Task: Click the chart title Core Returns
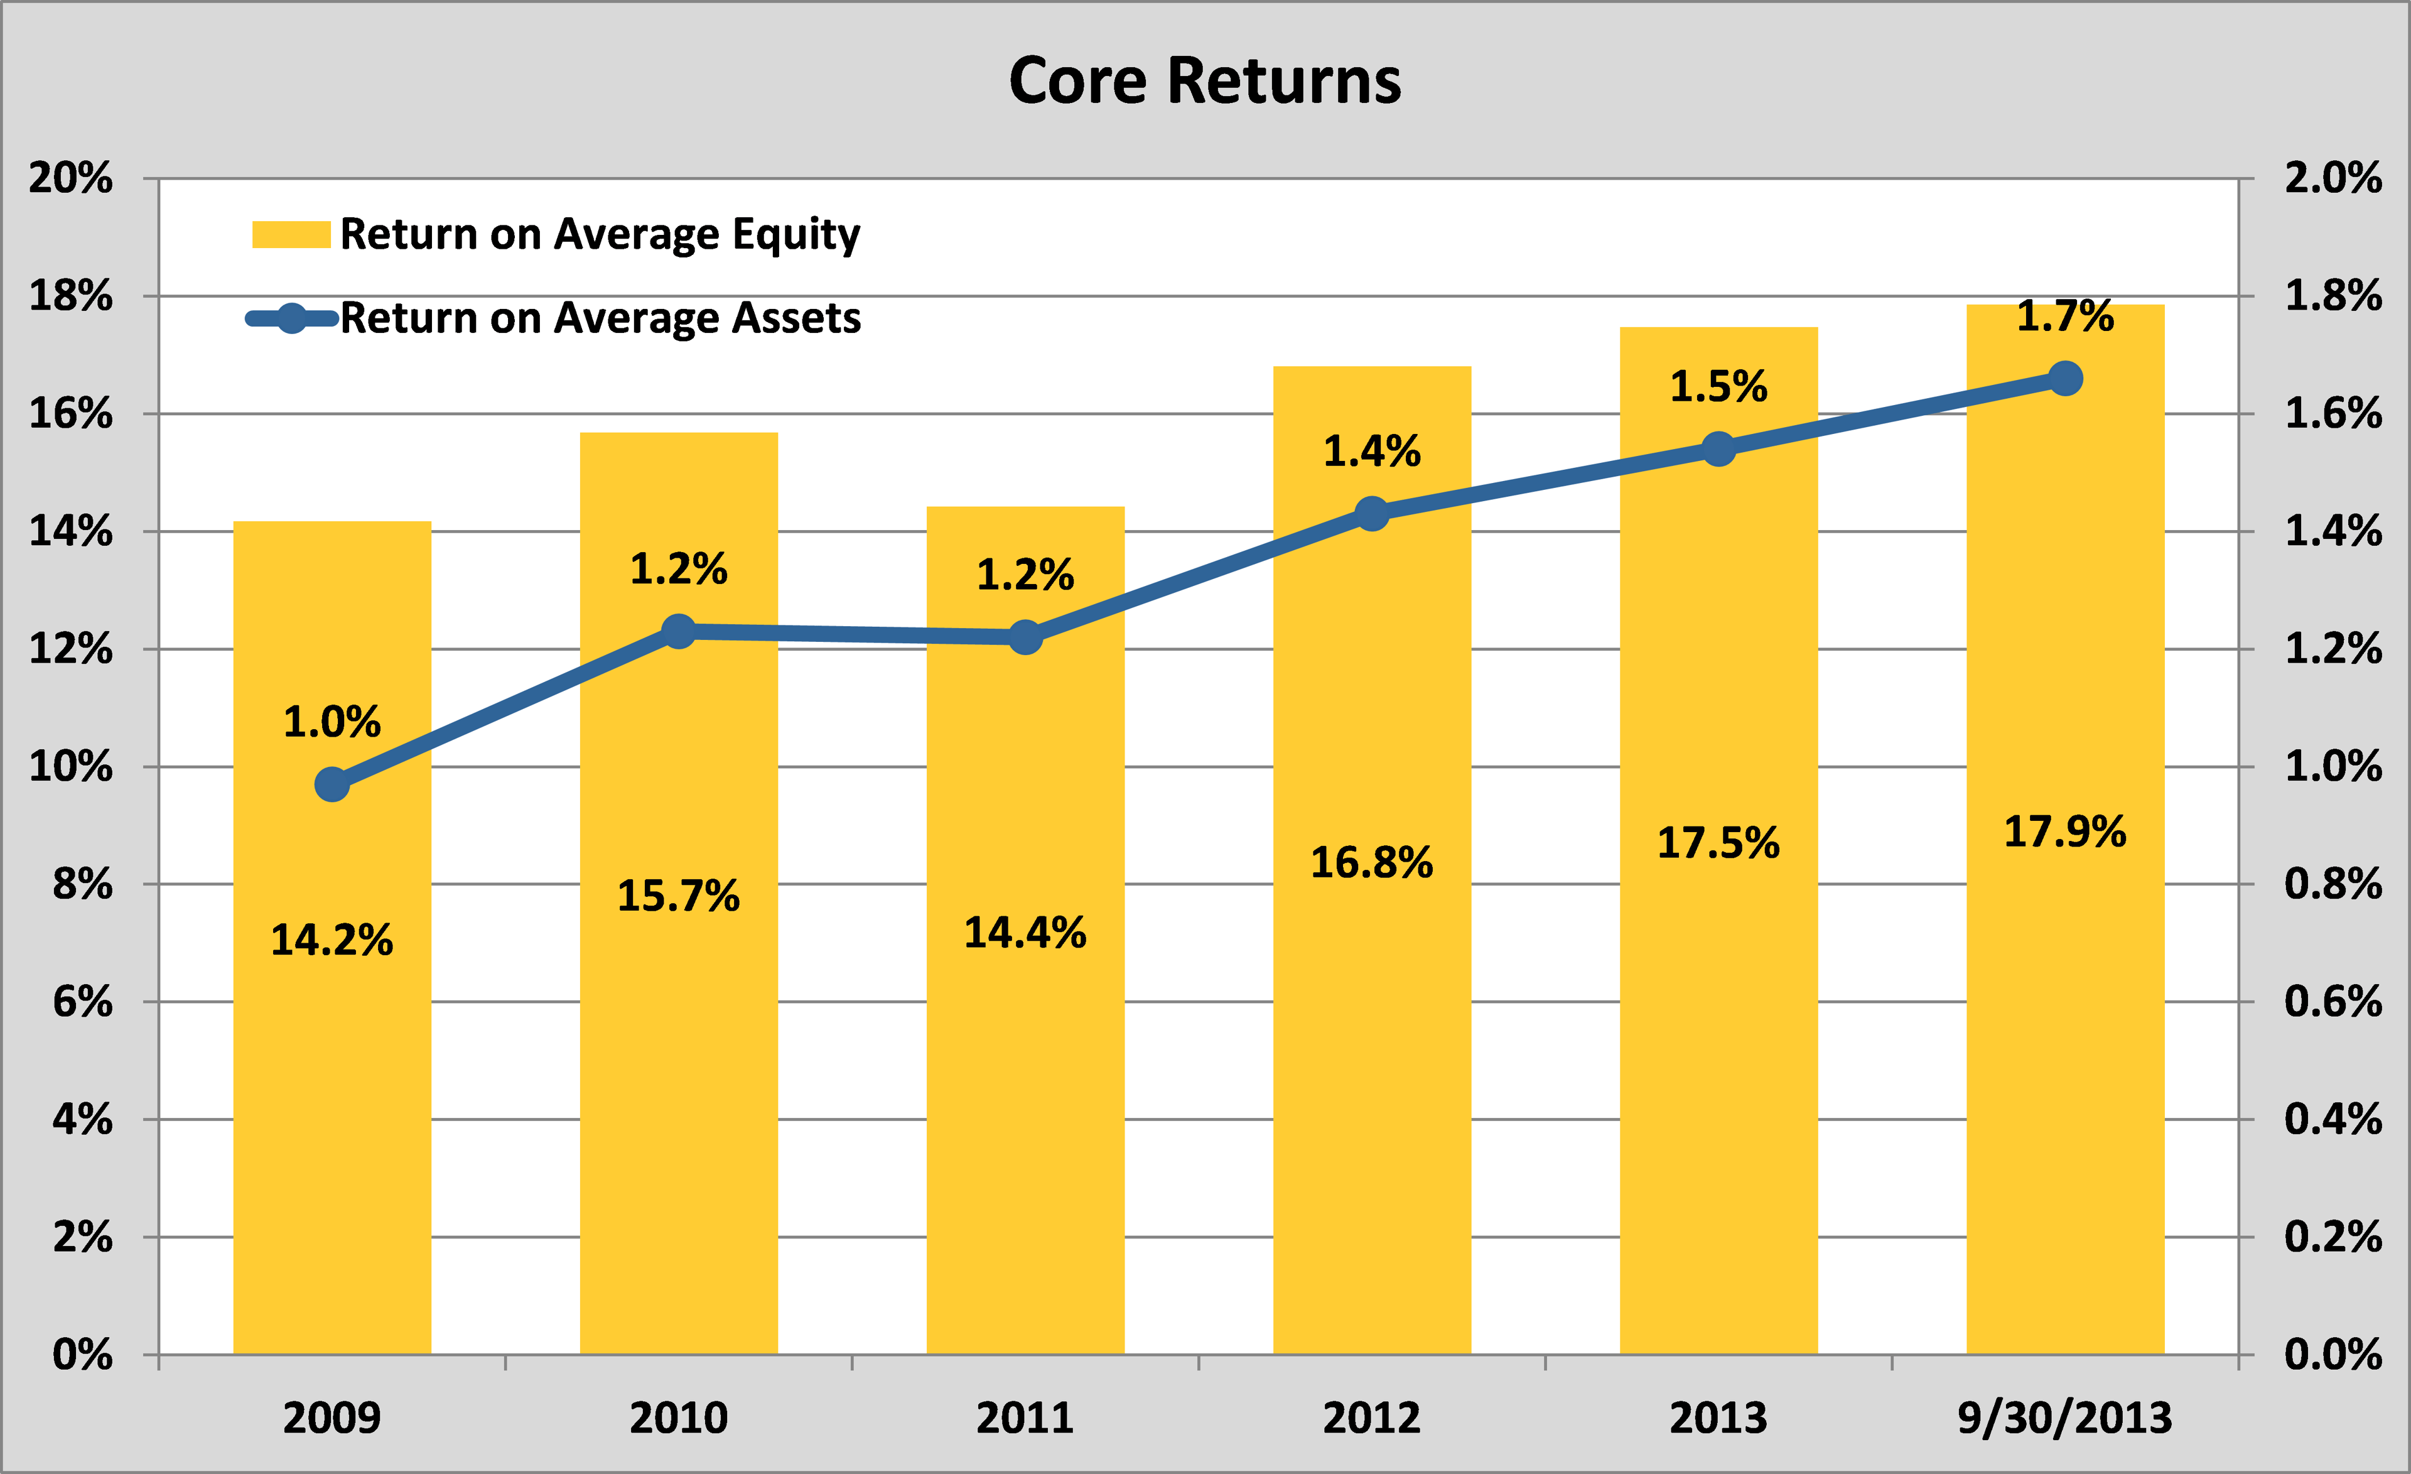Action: point(1204,80)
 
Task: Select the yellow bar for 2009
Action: point(332,1076)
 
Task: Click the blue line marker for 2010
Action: point(678,631)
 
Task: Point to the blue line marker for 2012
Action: point(1372,513)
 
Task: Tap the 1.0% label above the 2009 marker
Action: point(332,722)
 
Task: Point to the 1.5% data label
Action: point(1718,387)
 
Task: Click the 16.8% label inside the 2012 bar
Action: point(1372,864)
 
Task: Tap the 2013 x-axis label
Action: point(1718,1417)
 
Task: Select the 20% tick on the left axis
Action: point(70,178)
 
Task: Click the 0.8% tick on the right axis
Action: point(2333,884)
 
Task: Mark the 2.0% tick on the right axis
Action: point(2333,178)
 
